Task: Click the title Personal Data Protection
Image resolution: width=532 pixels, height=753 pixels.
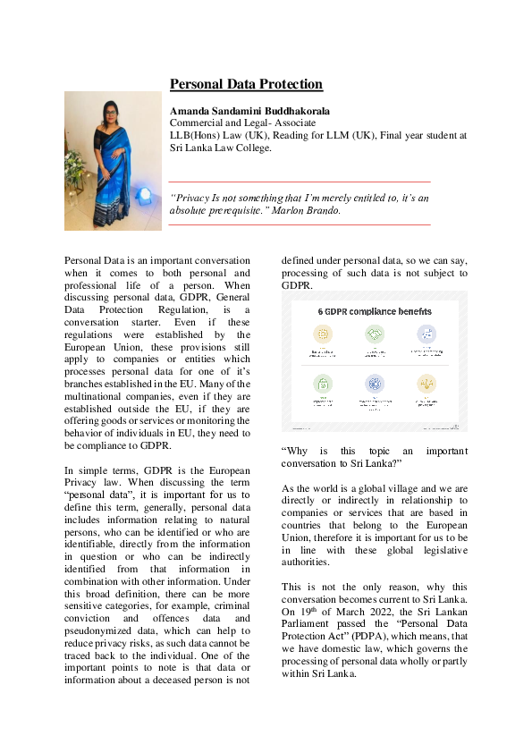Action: (246, 85)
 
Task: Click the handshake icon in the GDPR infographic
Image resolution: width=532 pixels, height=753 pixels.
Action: (375, 334)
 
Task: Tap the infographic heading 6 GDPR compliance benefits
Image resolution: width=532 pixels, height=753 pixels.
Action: (375, 311)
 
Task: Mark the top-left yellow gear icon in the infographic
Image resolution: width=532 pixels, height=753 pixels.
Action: (323, 334)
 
